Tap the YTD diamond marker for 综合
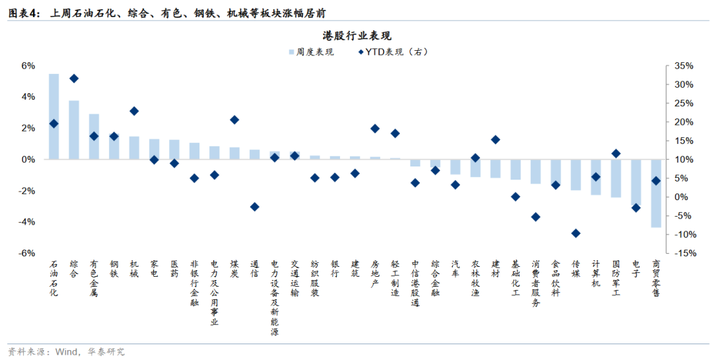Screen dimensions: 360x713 [x=74, y=78]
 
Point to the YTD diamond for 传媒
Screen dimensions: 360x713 [x=576, y=233]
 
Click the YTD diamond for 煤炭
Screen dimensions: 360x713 [x=234, y=120]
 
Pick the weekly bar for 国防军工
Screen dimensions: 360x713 [x=615, y=178]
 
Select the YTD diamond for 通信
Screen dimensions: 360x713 [x=255, y=207]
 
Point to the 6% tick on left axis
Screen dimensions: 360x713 [x=28, y=65]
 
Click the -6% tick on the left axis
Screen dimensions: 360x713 [x=27, y=253]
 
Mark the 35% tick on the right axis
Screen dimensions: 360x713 [x=683, y=65]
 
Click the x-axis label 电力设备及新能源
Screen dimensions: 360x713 [x=275, y=297]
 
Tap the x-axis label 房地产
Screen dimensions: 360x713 [x=375, y=274]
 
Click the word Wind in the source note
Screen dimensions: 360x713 [x=63, y=351]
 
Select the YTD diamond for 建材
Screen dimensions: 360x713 [x=496, y=139]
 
